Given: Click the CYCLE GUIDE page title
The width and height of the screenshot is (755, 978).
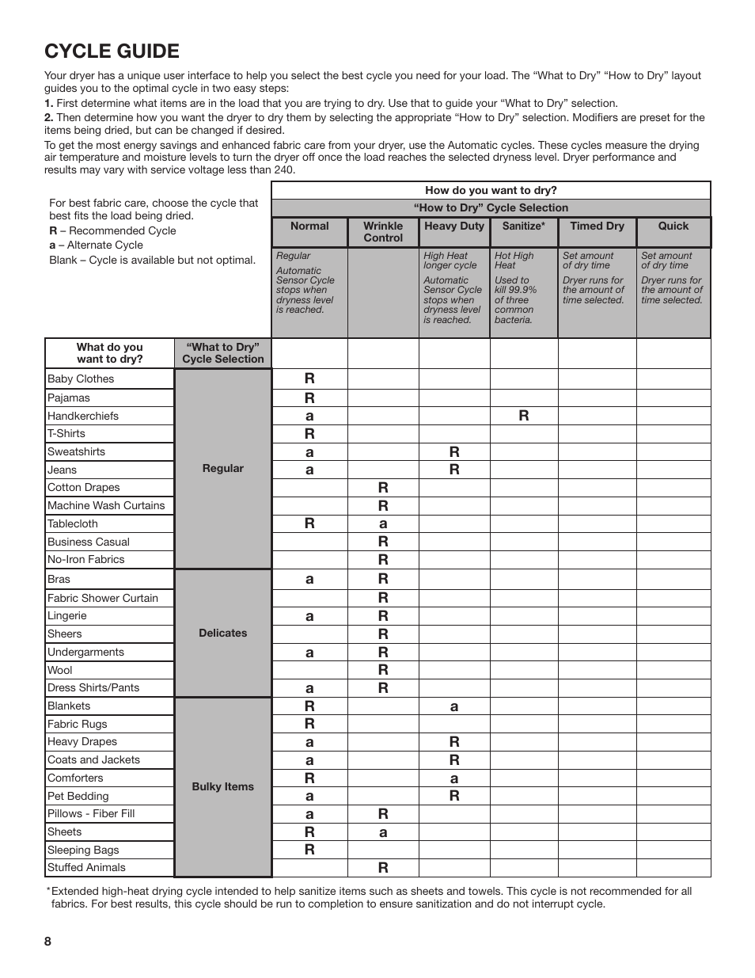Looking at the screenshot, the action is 112,51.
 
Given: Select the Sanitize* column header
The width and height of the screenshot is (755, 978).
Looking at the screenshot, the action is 523,226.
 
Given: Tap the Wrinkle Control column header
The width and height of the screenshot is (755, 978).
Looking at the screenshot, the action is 383,232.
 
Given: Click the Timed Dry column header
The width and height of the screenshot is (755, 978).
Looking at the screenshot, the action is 597,226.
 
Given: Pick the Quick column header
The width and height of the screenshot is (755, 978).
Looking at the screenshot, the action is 673,226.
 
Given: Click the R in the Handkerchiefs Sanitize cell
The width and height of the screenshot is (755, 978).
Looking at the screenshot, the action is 523,416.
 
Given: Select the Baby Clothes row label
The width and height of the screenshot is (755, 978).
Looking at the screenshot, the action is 81,379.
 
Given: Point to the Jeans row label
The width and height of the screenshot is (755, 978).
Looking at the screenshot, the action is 62,470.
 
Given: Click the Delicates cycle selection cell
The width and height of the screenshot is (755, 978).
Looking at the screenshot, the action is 222,634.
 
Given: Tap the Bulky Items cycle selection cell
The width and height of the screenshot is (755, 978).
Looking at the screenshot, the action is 222,787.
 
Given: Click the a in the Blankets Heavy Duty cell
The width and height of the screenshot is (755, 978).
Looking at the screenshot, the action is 453,706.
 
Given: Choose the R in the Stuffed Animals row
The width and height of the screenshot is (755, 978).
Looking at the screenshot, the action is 383,868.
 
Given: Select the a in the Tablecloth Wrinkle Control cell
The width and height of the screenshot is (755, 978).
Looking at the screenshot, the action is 383,523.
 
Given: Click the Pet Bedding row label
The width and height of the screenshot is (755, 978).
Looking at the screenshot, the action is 78,797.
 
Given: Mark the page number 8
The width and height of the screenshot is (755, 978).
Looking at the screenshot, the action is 48,942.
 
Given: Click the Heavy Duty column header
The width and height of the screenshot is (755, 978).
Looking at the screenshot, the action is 453,226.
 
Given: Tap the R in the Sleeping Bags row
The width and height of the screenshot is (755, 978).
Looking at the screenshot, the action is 309,850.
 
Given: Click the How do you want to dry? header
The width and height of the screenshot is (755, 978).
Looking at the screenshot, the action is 491,191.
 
